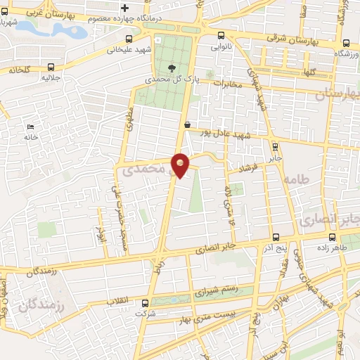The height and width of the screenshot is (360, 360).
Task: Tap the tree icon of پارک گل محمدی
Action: [x=172, y=68]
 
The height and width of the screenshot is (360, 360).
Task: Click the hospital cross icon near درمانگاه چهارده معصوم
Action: [x=125, y=8]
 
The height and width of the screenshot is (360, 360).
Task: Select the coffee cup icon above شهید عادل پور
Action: [x=187, y=124]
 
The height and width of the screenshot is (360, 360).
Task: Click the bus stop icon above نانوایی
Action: [x=221, y=36]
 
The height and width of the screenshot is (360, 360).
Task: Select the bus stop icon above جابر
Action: [x=274, y=147]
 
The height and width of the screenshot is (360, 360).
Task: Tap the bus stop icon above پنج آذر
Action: [x=274, y=237]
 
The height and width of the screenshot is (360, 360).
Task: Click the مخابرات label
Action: [x=226, y=84]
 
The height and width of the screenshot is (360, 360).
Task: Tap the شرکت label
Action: [x=145, y=312]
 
